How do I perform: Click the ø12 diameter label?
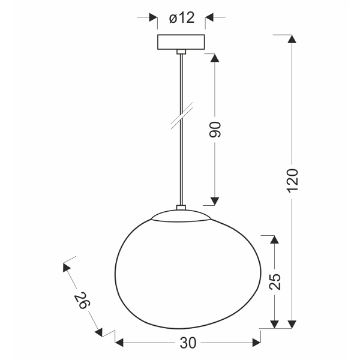182,18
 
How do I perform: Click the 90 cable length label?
215,129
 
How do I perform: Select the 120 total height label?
292,180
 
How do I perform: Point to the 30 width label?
188,343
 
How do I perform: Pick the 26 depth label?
82,300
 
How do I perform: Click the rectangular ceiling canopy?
181,42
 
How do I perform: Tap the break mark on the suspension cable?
181,115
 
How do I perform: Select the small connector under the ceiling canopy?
181,53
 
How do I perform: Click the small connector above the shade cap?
181,208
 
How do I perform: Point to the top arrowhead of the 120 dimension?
292,40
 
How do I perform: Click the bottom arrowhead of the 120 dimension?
292,324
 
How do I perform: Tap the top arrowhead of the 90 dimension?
215,58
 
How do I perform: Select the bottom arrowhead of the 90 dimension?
215,200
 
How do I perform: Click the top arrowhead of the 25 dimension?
274,239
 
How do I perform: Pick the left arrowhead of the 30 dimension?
119,343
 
